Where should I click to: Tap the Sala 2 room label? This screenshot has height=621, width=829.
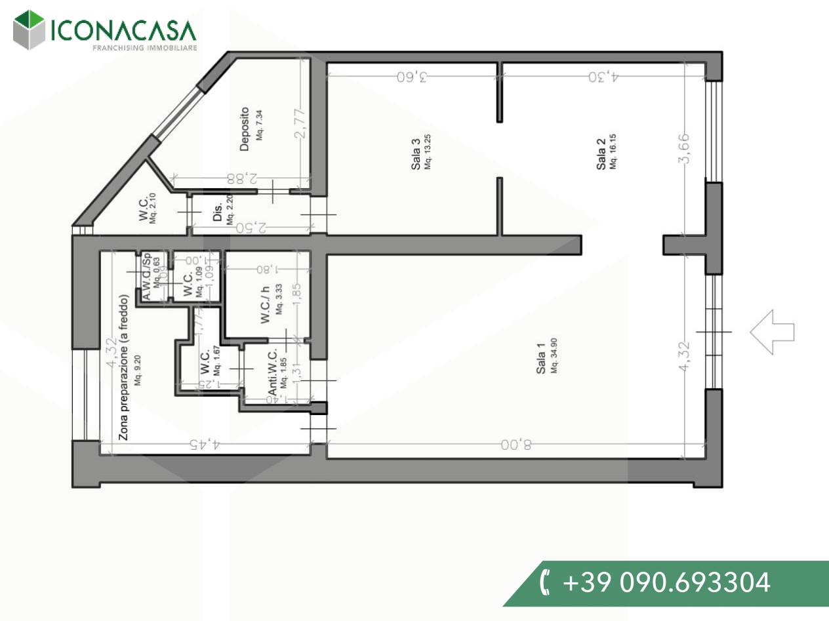(x=601, y=155)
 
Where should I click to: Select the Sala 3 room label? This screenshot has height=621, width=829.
(x=416, y=155)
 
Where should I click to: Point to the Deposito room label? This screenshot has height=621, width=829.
(x=245, y=129)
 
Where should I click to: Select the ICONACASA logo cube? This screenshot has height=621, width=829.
(x=29, y=29)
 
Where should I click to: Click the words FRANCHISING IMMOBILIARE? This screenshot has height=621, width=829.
(x=144, y=47)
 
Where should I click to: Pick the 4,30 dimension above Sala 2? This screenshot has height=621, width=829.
(x=603, y=77)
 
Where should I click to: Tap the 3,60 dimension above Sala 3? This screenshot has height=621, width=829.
(x=412, y=77)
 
